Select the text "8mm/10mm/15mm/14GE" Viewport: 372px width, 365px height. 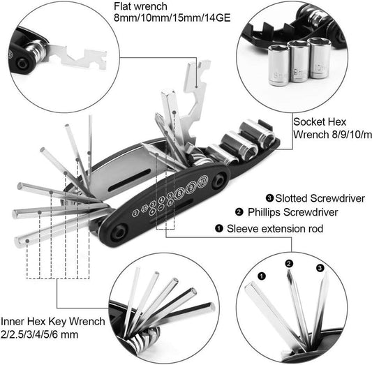click(x=161, y=24)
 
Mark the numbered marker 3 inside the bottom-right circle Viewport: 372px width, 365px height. click(x=320, y=267)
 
